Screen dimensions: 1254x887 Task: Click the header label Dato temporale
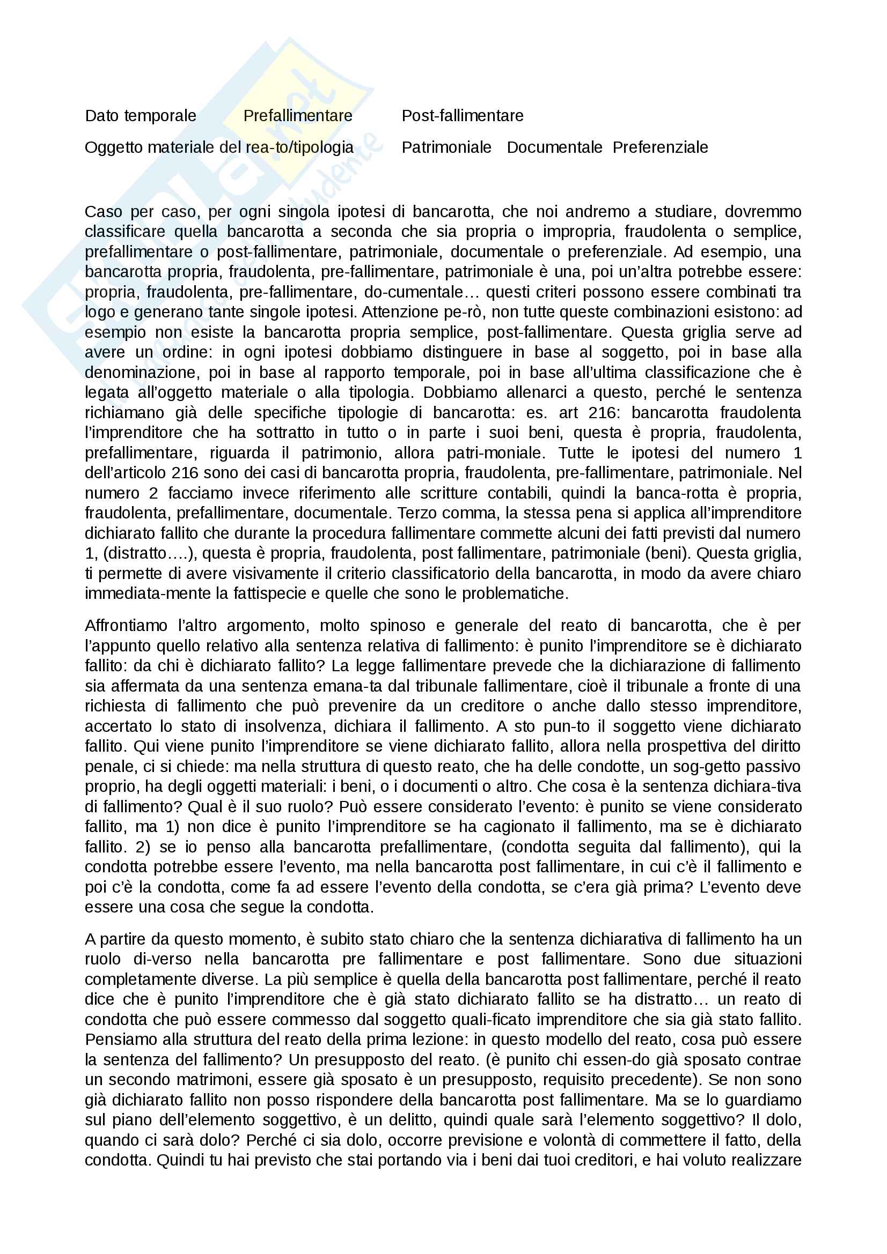(x=141, y=116)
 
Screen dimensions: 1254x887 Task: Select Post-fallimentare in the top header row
(x=463, y=116)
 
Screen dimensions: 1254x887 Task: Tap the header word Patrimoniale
(x=446, y=147)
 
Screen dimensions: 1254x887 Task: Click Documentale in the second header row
(x=554, y=147)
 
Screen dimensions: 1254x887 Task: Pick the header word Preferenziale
(x=659, y=147)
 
